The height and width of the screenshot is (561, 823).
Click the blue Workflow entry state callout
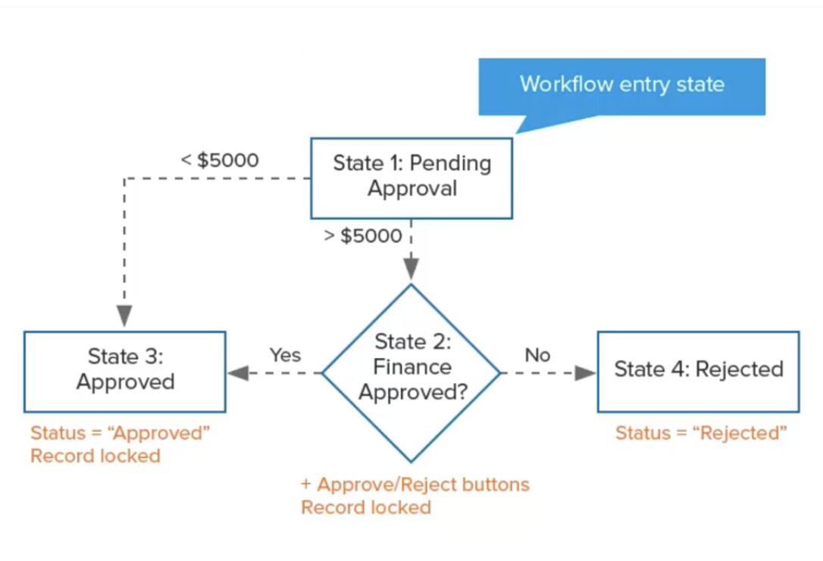click(x=621, y=85)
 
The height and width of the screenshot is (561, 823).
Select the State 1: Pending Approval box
click(x=411, y=177)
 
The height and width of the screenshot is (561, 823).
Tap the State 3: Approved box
click(x=125, y=371)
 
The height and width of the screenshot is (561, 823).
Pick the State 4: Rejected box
click(x=698, y=371)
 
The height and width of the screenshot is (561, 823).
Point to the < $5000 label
click(x=219, y=161)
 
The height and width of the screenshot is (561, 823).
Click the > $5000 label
click(x=362, y=236)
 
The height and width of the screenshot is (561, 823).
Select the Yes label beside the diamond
click(x=285, y=355)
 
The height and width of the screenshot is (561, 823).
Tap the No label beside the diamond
click(x=537, y=355)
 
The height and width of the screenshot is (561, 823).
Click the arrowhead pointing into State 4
click(x=585, y=373)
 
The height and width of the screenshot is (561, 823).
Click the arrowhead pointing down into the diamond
click(x=411, y=269)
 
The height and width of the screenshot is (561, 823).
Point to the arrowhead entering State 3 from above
click(x=124, y=316)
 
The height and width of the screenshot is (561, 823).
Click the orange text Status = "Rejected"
click(x=701, y=434)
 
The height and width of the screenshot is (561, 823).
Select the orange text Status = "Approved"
click(x=120, y=434)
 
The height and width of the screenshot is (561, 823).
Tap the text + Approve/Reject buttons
click(x=415, y=484)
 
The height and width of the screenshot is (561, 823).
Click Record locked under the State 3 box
click(x=95, y=456)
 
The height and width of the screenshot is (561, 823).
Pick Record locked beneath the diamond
click(x=366, y=507)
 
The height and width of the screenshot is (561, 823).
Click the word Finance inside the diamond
click(x=412, y=368)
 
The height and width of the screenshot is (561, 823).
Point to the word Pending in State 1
click(x=451, y=165)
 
